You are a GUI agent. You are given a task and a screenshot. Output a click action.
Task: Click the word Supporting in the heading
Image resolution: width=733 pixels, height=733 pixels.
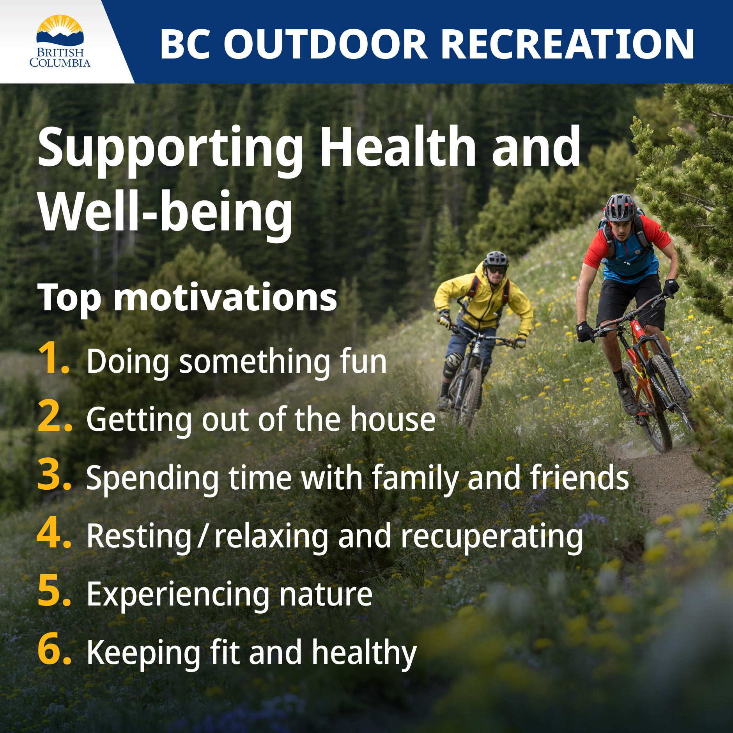point(170,148)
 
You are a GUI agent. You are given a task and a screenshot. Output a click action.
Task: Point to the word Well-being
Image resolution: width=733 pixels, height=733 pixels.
point(166,212)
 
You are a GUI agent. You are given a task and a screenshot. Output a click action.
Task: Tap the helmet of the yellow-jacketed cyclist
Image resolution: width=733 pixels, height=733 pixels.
point(496,258)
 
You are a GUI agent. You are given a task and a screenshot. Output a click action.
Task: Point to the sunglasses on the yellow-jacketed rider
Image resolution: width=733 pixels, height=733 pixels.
point(497,270)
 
